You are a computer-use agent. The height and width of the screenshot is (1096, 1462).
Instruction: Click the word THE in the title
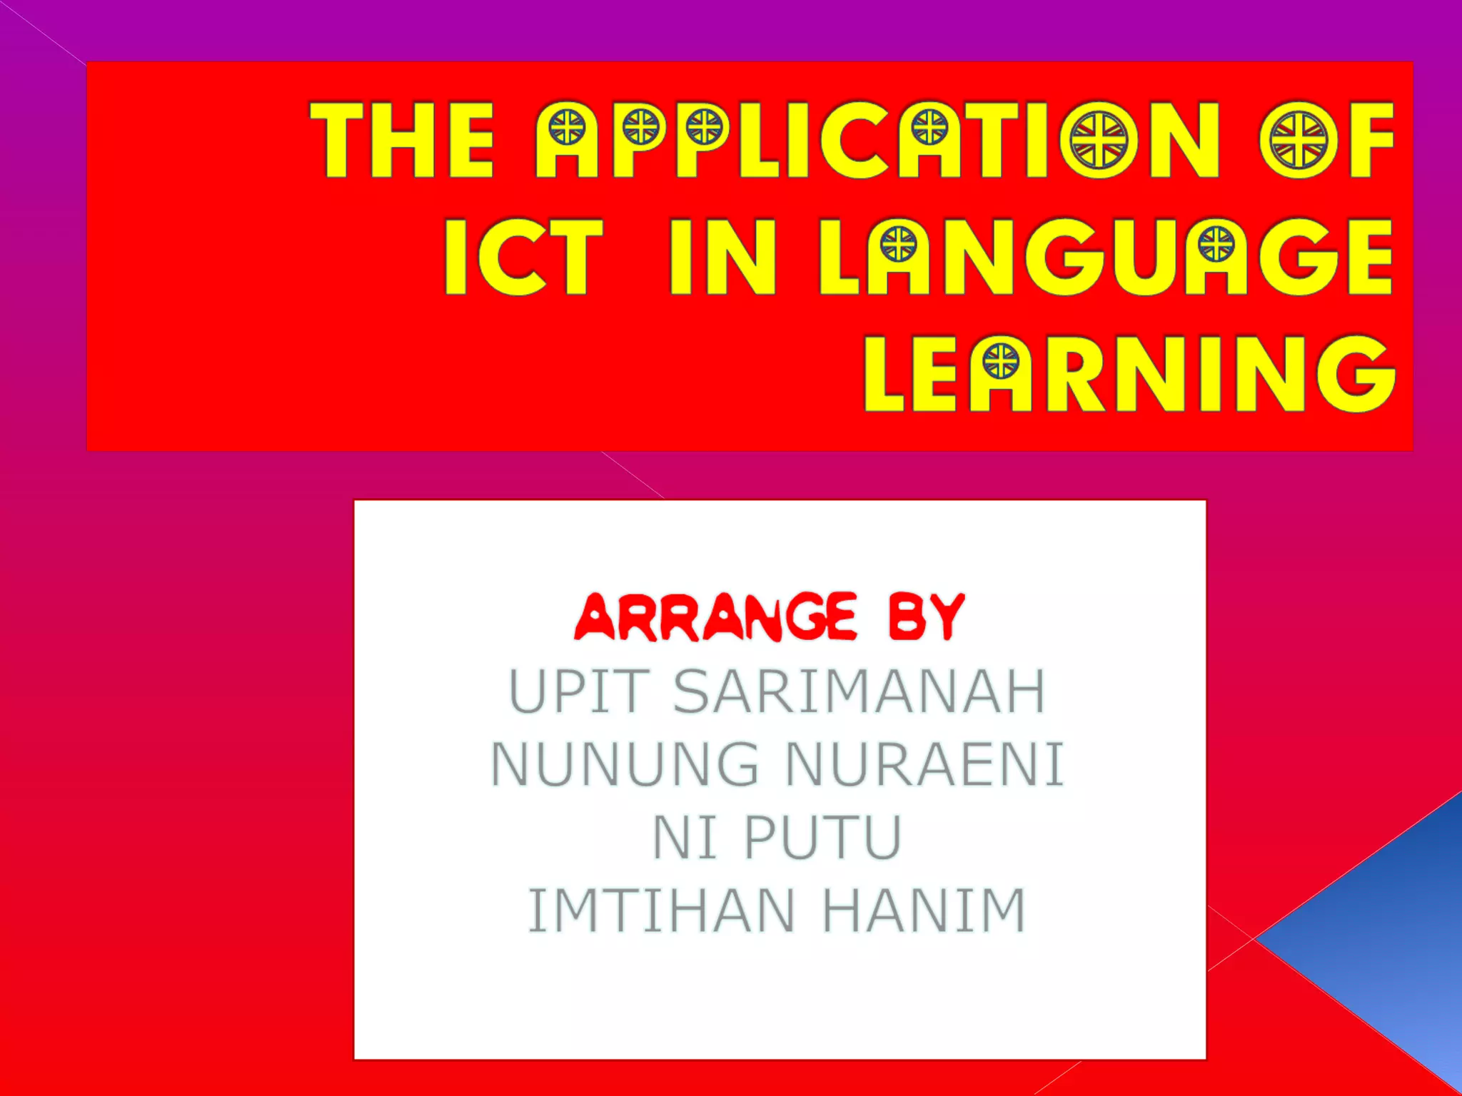(402, 139)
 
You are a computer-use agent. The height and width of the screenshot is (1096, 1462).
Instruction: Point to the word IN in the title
(722, 257)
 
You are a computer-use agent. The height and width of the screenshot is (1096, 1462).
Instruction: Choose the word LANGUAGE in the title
(1106, 257)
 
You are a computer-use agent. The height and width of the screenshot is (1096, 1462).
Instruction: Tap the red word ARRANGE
(716, 617)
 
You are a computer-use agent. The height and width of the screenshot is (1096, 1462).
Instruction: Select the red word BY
(927, 617)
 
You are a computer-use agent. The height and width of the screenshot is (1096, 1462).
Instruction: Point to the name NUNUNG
(625, 764)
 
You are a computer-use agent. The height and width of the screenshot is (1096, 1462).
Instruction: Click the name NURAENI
(924, 764)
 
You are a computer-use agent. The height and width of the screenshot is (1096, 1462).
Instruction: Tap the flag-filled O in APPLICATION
(1099, 139)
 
